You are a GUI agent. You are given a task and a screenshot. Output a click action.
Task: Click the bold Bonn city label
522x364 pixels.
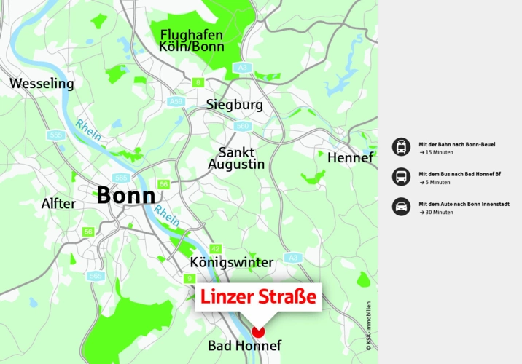click(x=126, y=196)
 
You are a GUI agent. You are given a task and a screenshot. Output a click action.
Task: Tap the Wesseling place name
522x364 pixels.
click(x=42, y=84)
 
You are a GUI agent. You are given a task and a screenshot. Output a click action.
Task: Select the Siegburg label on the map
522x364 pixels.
click(x=234, y=105)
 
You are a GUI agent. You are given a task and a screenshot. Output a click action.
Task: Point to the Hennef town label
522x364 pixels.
click(x=350, y=158)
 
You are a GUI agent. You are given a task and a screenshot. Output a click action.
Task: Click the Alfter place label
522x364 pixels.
click(x=58, y=204)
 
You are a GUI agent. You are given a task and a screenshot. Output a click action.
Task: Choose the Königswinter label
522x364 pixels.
click(x=231, y=262)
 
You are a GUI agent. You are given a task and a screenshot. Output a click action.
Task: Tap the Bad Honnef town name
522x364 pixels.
click(x=244, y=346)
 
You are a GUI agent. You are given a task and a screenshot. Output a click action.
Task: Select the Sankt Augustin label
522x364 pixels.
click(x=236, y=158)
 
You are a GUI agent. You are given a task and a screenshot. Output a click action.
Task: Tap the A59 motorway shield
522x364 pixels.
click(x=176, y=102)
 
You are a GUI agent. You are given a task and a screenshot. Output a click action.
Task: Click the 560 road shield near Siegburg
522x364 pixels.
click(x=242, y=126)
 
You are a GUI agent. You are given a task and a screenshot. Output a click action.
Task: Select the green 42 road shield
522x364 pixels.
click(x=215, y=248)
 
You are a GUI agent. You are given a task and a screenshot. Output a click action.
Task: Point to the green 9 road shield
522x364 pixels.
click(x=190, y=278)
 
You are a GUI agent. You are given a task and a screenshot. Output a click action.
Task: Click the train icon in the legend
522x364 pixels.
click(x=400, y=148)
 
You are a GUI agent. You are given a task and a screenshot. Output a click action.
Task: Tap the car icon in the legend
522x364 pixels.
click(x=400, y=206)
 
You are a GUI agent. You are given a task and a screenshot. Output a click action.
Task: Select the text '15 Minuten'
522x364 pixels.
click(x=439, y=153)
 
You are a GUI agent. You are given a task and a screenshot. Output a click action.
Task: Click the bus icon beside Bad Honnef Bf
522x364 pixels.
click(x=400, y=177)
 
